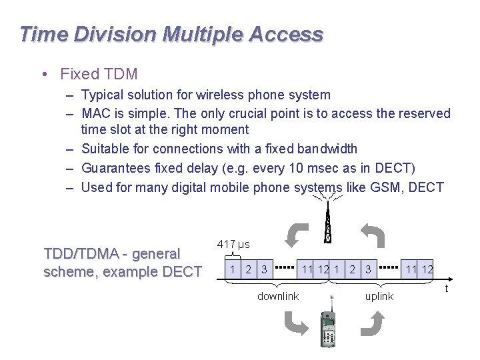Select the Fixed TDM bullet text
pyautogui.click(x=99, y=74)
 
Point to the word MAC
pyautogui.click(x=96, y=113)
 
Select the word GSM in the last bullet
pyautogui.click(x=385, y=187)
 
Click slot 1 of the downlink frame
pyautogui.click(x=231, y=269)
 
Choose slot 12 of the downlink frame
pyautogui.click(x=324, y=269)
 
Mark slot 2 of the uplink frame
pyautogui.click(x=352, y=269)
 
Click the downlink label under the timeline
pyautogui.click(x=278, y=296)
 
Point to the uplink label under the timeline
pyautogui.click(x=379, y=296)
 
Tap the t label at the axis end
pyautogui.click(x=446, y=288)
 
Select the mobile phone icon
pyautogui.click(x=329, y=327)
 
